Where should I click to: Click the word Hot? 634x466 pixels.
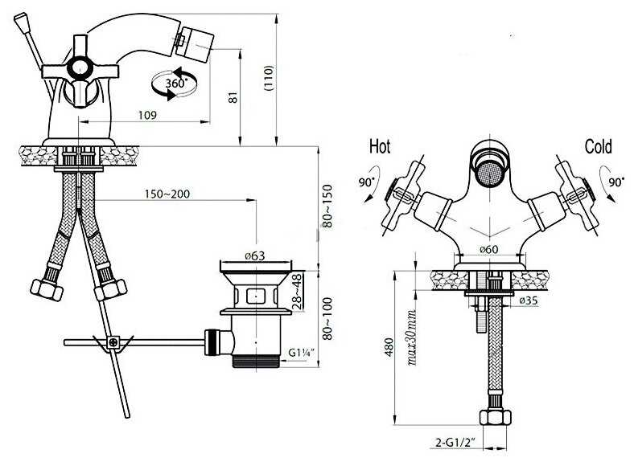coord(380,147)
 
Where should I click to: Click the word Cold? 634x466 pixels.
coord(598,146)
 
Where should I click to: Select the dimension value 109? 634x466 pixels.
coord(146,116)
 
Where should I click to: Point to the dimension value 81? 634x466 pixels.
coord(233,96)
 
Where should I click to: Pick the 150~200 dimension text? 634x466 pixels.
coord(167,194)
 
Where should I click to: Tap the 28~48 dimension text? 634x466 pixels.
coord(296,292)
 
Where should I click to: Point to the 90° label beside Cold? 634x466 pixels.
coord(616,182)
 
